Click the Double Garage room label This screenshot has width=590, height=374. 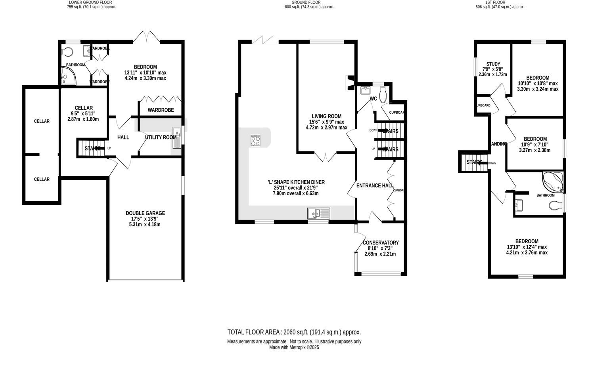point(145,213)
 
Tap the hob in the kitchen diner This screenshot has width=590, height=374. point(256,140)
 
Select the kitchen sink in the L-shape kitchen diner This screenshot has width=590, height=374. point(318,214)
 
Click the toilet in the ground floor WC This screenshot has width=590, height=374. point(383,95)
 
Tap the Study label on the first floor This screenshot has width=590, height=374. point(493,64)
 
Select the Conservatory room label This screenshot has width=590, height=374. point(380,242)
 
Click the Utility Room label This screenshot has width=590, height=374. point(161,137)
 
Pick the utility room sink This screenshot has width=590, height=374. point(177,137)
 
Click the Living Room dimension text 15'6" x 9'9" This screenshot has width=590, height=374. point(326,122)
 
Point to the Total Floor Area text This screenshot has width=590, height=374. point(294,332)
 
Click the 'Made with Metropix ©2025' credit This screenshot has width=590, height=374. point(294,347)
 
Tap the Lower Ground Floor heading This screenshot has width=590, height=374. point(91,2)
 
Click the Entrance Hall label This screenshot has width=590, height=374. point(375,185)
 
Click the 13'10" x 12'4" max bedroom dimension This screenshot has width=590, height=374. point(527,247)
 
